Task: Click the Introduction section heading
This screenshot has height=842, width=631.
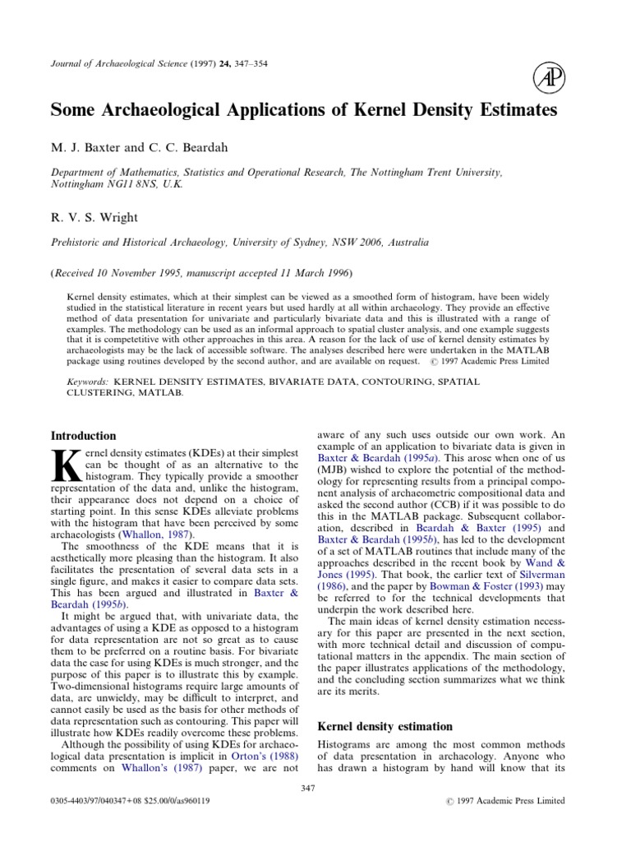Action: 84,436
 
